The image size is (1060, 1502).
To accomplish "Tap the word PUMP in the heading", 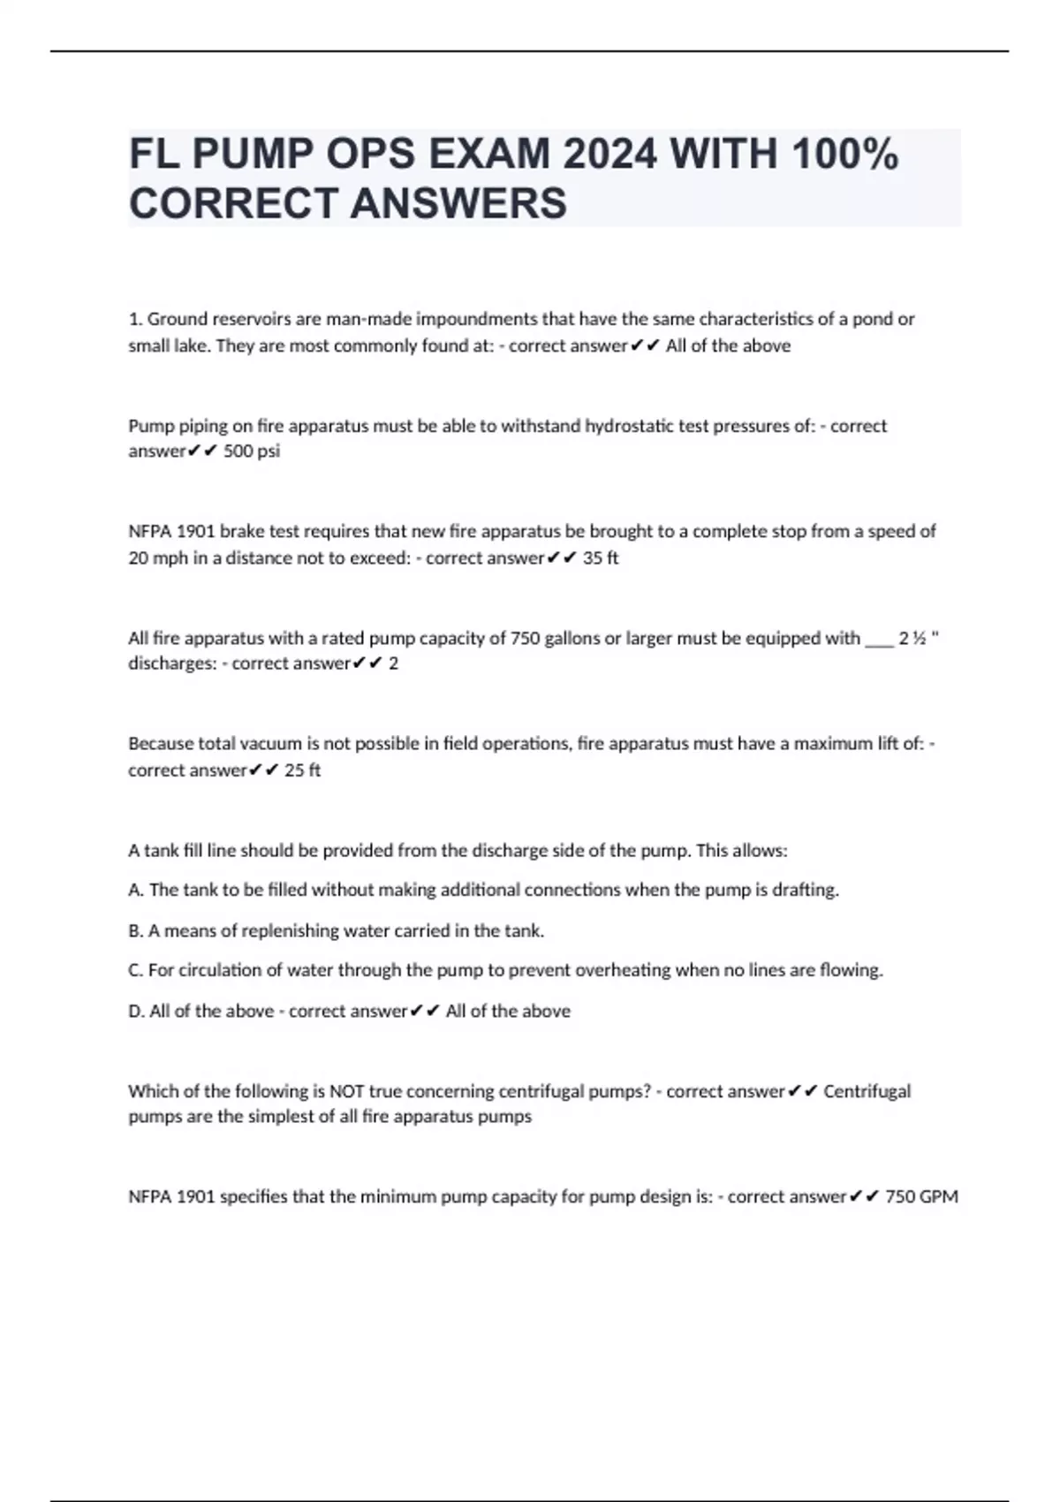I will [x=250, y=156].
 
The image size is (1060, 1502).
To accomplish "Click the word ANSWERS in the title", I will [x=458, y=203].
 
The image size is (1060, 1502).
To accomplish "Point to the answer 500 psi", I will [x=252, y=451].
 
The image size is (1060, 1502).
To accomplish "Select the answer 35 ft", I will [x=601, y=558].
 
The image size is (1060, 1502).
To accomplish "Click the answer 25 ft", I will [x=302, y=770].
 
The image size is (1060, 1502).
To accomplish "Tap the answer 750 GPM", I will [x=921, y=1197].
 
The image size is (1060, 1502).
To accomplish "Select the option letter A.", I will [x=135, y=890].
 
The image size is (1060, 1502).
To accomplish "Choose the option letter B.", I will [x=135, y=930].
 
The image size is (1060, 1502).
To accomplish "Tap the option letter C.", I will [x=135, y=970].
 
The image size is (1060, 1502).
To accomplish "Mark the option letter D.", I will [x=135, y=1011].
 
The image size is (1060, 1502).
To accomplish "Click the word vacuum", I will [x=266, y=744].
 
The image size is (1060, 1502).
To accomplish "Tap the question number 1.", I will [x=134, y=319].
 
